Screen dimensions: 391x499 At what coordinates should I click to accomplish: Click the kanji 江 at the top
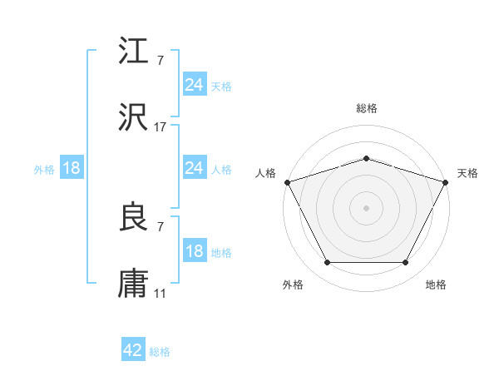(x=135, y=53)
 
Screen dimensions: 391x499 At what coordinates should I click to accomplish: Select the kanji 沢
(x=135, y=118)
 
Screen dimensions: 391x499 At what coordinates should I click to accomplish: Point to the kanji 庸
(x=135, y=284)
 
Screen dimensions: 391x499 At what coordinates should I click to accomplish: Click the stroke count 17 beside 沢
(x=161, y=127)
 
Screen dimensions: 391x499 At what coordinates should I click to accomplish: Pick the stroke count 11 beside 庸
(x=161, y=293)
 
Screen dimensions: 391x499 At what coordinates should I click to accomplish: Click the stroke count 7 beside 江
(x=161, y=62)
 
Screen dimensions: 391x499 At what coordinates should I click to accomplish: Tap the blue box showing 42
(x=133, y=351)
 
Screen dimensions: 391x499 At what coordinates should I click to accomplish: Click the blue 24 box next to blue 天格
(x=195, y=85)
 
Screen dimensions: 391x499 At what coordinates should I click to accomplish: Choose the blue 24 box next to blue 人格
(x=195, y=169)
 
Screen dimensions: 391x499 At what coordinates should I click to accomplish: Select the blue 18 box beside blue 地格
(x=195, y=252)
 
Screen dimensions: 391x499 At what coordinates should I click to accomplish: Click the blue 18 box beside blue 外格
(x=72, y=169)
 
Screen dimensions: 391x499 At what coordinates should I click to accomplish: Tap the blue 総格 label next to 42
(x=160, y=352)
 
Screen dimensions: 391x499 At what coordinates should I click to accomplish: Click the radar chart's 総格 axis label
(x=367, y=108)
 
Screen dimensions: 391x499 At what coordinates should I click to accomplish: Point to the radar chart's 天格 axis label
(x=467, y=173)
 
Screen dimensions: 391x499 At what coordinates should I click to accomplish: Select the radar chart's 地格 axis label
(x=436, y=285)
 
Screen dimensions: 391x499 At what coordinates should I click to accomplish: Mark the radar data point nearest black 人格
(x=287, y=182)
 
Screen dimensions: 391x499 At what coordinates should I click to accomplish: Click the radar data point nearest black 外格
(x=327, y=263)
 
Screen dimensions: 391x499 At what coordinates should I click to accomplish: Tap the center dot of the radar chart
(x=367, y=208)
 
